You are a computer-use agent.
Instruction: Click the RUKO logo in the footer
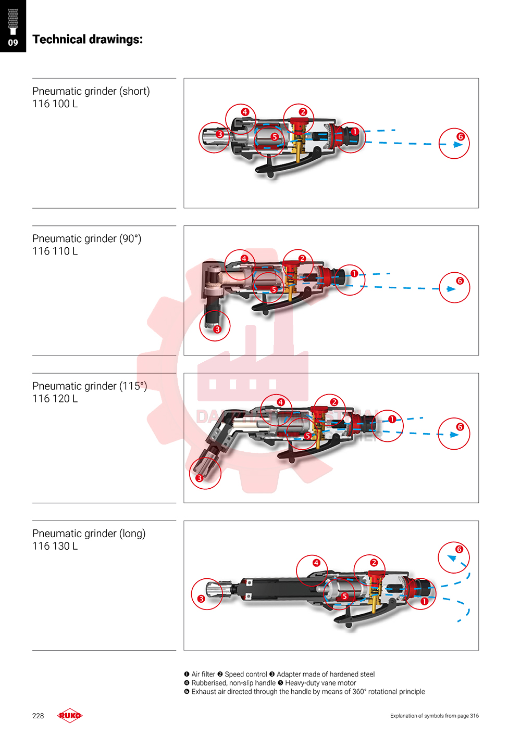coord(70,716)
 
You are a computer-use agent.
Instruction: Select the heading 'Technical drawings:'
coord(88,40)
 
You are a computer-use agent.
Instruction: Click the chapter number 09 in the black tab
coord(13,43)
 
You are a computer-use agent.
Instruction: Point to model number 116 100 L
coord(55,104)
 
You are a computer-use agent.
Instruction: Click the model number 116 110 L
coord(55,251)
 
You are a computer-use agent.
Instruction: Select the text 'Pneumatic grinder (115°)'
coord(90,386)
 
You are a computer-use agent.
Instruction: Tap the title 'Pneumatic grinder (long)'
coord(89,534)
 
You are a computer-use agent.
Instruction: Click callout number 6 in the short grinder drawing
coord(461,137)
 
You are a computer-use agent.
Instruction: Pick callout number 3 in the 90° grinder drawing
coord(217,329)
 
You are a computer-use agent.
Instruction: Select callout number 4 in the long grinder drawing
coord(316,563)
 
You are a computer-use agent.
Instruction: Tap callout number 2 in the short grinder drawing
coord(303,112)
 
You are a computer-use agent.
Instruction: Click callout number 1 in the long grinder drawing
coord(424,601)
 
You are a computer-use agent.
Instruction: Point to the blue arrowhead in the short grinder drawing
coord(458,145)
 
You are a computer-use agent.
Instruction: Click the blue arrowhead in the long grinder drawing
coord(452,558)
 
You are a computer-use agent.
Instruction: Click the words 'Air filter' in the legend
coord(203,674)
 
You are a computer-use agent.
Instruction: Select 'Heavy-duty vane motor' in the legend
coord(320,683)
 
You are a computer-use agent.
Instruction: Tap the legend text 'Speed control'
coord(246,674)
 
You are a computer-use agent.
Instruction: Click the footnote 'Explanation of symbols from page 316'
coord(435,716)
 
